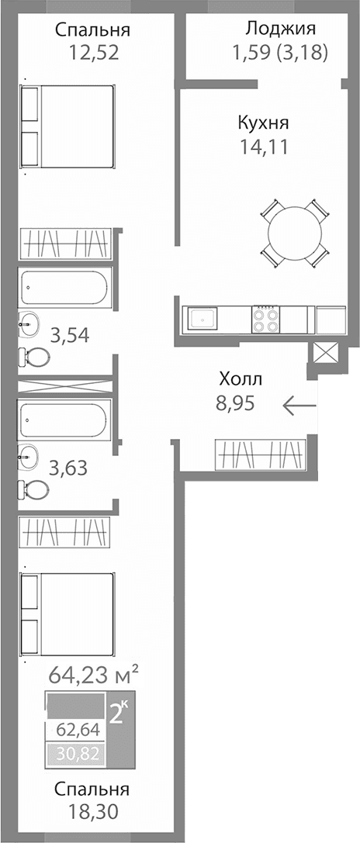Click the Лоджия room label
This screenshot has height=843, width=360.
pos(280,30)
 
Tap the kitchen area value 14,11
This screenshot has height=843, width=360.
pos(263,147)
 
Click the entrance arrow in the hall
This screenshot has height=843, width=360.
pos(299,405)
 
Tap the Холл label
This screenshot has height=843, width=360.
pos(241,379)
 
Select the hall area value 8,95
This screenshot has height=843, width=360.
pos(235,402)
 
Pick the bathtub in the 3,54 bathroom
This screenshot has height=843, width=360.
pos(65,288)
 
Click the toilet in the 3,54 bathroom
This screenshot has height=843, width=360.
pos(34,356)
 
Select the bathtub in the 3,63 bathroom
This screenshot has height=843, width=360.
pos(65,420)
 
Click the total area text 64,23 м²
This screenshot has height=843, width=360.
pos(93,672)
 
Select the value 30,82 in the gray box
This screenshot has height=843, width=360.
pos(77,752)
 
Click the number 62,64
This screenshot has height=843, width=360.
pos(77,730)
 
